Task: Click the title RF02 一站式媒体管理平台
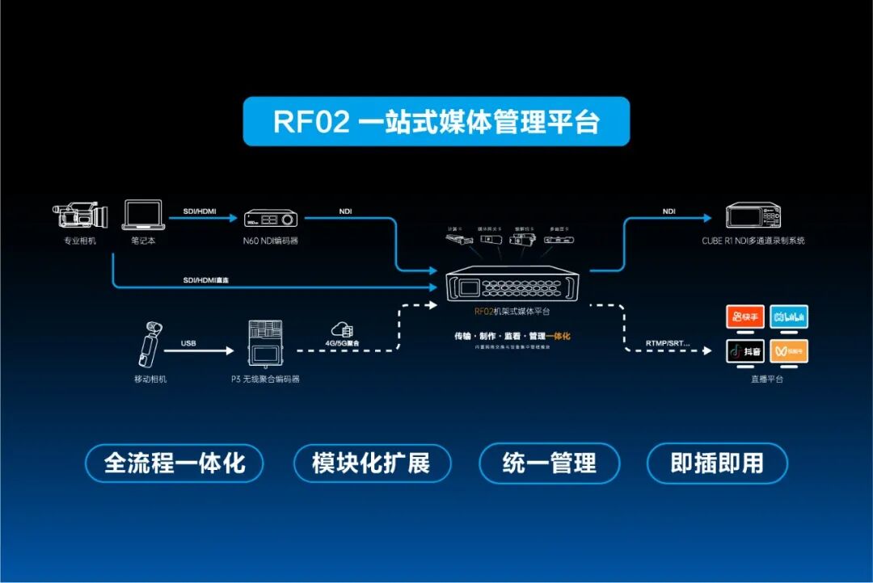pyautogui.click(x=436, y=122)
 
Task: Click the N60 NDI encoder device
pyautogui.click(x=270, y=218)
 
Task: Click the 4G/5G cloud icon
pyautogui.click(x=344, y=329)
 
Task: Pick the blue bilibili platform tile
pyautogui.click(x=788, y=317)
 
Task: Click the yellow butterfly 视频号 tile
pyautogui.click(x=788, y=350)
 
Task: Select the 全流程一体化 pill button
pyautogui.click(x=175, y=463)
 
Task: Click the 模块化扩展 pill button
pyautogui.click(x=371, y=463)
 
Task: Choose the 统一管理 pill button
pyautogui.click(x=549, y=463)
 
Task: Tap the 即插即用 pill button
pyautogui.click(x=717, y=463)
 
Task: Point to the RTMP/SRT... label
pyautogui.click(x=668, y=343)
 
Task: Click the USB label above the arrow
pyautogui.click(x=188, y=343)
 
